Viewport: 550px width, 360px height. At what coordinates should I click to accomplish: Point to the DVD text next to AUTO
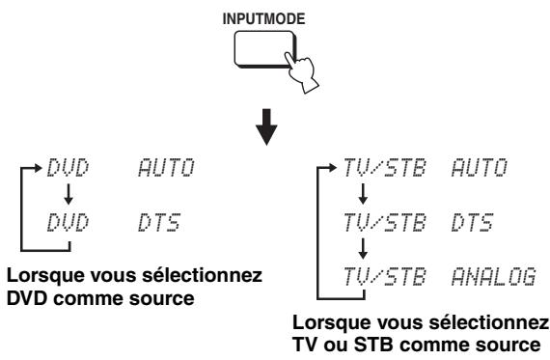click(66, 172)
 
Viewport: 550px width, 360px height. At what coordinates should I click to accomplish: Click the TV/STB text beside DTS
click(378, 224)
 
